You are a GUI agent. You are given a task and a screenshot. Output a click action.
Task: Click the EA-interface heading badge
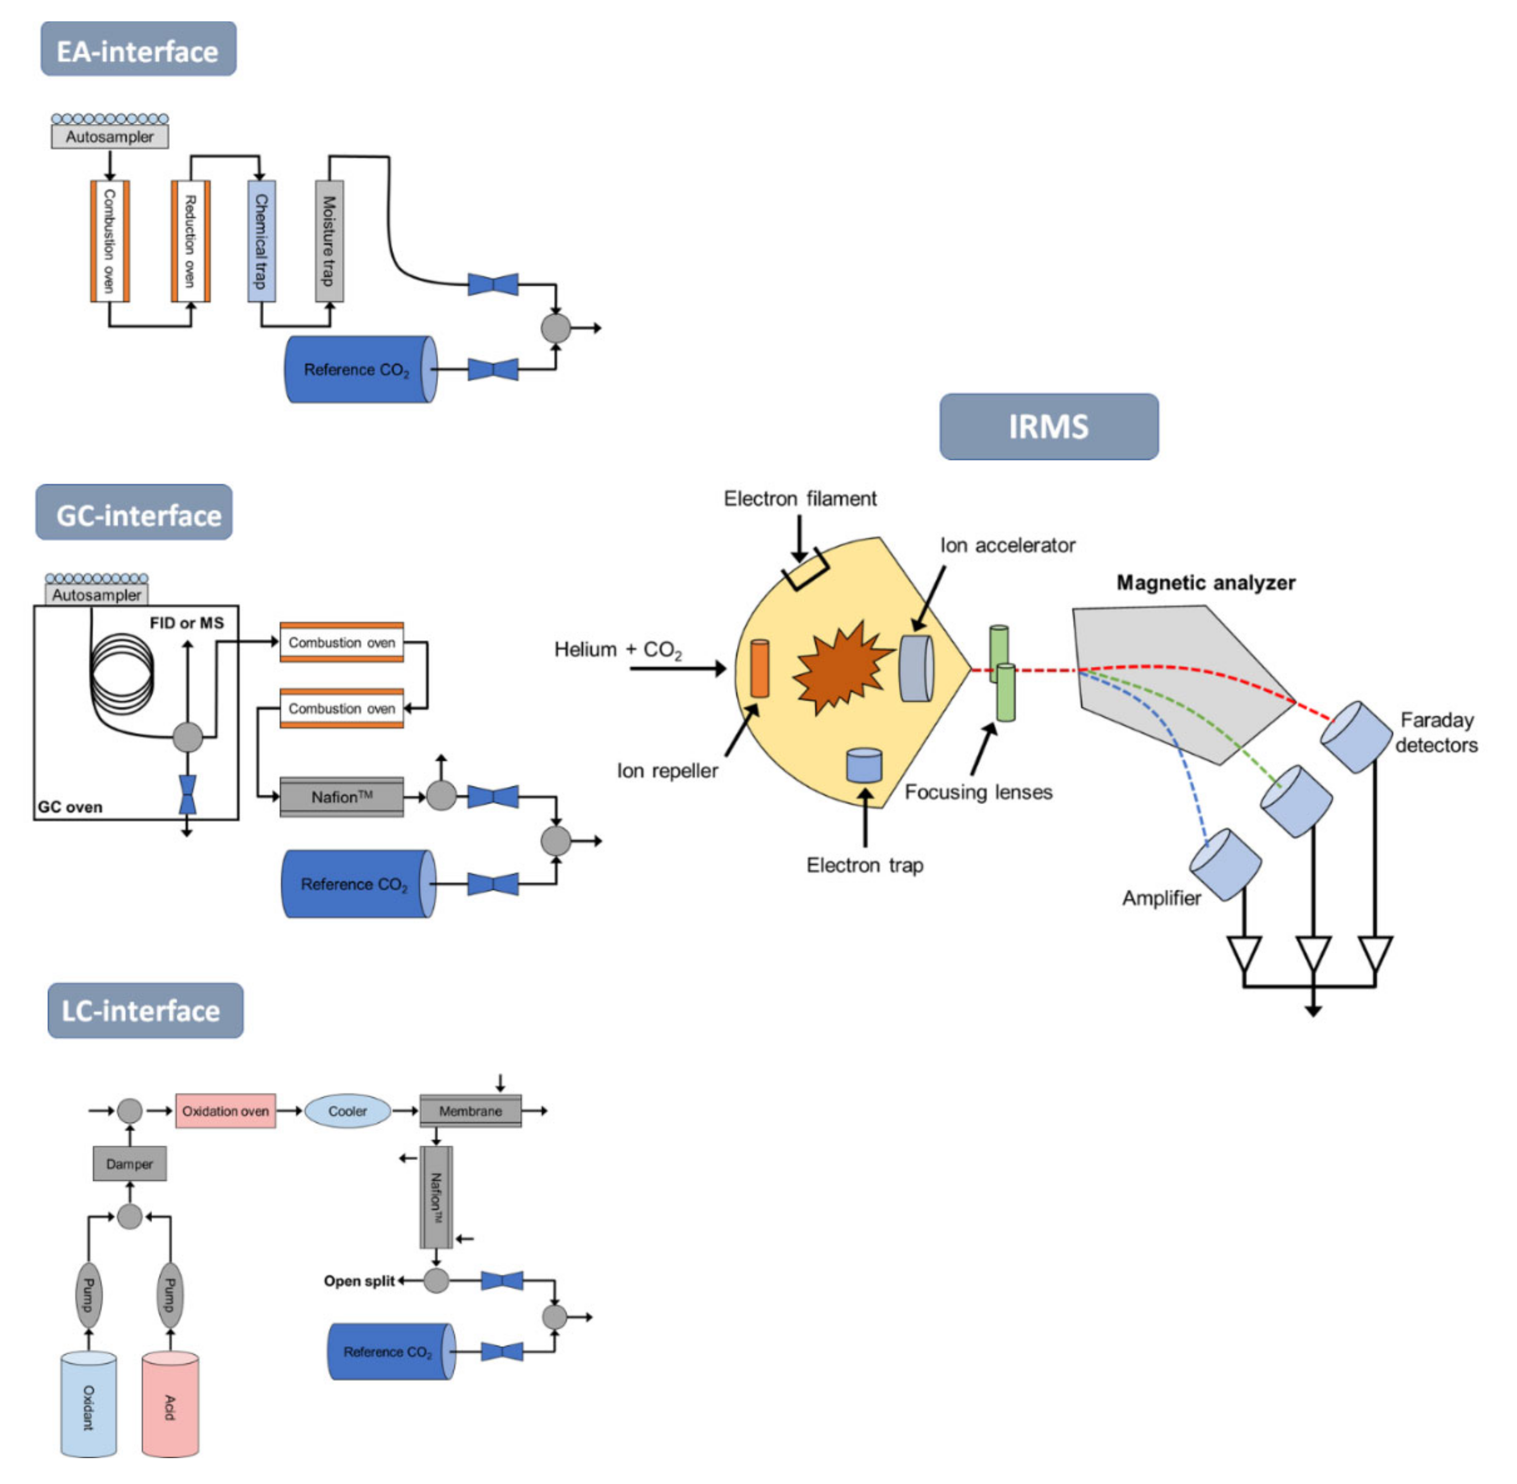[138, 49]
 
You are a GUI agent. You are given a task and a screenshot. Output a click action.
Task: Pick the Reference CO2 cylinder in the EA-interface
[360, 370]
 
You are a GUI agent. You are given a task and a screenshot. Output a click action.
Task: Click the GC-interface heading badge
[134, 512]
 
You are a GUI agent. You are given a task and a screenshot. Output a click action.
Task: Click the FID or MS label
[187, 623]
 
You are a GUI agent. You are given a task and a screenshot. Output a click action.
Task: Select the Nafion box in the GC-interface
[341, 797]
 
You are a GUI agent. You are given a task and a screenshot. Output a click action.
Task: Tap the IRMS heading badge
[1048, 426]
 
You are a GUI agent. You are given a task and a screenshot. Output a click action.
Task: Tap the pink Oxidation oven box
[225, 1111]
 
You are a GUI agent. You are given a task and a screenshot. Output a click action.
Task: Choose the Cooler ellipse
[347, 1111]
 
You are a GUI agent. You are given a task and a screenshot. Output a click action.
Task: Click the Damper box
[129, 1164]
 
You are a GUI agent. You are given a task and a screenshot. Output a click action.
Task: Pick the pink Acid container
[170, 1404]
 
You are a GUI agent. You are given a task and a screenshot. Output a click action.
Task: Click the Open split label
[360, 1281]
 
